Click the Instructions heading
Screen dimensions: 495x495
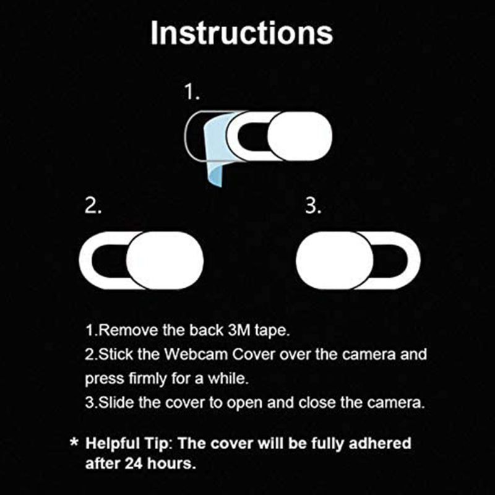click(241, 33)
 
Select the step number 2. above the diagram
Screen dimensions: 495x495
click(93, 207)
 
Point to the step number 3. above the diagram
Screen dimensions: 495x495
click(314, 207)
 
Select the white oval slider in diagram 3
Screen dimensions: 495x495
click(335, 260)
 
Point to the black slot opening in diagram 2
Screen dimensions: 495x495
click(111, 260)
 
